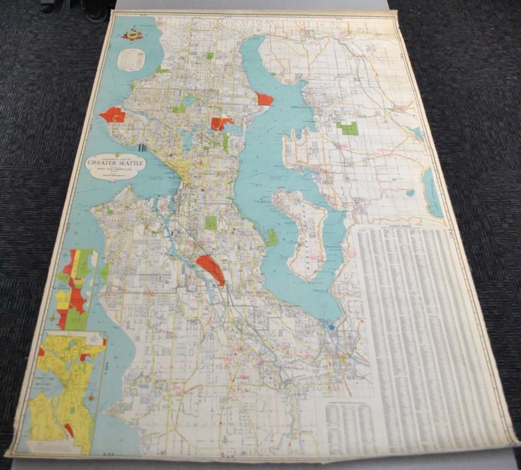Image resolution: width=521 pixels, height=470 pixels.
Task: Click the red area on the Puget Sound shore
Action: [x=113, y=115]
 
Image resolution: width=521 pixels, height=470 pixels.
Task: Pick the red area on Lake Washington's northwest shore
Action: [x=264, y=99]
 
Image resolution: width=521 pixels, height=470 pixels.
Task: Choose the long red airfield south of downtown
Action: [x=211, y=268]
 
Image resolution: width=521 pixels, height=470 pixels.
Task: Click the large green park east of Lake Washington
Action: [x=348, y=128]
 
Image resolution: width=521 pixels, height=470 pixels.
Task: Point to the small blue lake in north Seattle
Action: [x=188, y=101]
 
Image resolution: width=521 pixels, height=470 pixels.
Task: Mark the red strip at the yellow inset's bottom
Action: [x=68, y=430]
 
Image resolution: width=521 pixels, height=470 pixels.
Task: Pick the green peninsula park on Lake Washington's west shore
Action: [x=272, y=237]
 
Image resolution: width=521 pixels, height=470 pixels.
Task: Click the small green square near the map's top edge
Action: [x=210, y=56]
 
